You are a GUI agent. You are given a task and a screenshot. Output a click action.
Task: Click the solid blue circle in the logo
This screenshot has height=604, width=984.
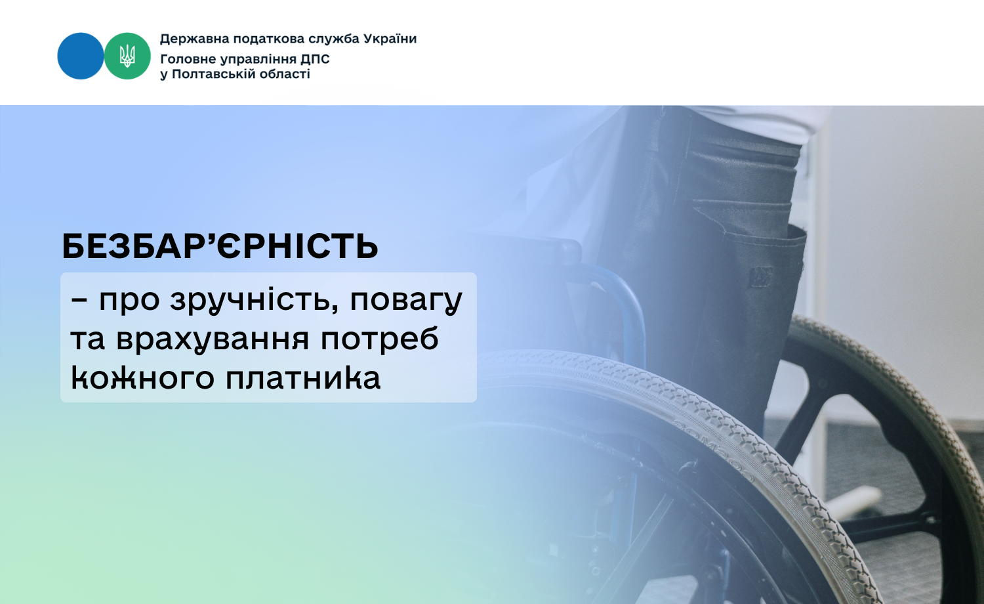[81, 56]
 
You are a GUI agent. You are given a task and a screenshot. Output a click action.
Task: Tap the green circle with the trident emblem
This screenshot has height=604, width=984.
[127, 56]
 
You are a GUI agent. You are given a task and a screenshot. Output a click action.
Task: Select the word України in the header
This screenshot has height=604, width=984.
[390, 39]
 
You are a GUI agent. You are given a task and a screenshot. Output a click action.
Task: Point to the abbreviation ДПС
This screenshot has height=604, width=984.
[316, 59]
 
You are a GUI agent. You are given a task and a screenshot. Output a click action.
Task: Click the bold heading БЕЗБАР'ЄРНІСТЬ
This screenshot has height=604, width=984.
[220, 246]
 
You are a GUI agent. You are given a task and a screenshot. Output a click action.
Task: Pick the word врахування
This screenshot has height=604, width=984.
[213, 339]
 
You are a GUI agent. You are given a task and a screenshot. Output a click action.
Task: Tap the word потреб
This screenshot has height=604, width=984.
[380, 339]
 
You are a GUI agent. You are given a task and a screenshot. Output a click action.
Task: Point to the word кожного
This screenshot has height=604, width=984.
[142, 378]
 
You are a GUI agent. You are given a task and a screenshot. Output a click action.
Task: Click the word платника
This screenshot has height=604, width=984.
[303, 377]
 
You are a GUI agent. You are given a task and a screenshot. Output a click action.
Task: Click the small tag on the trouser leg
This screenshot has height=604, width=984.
[761, 276]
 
